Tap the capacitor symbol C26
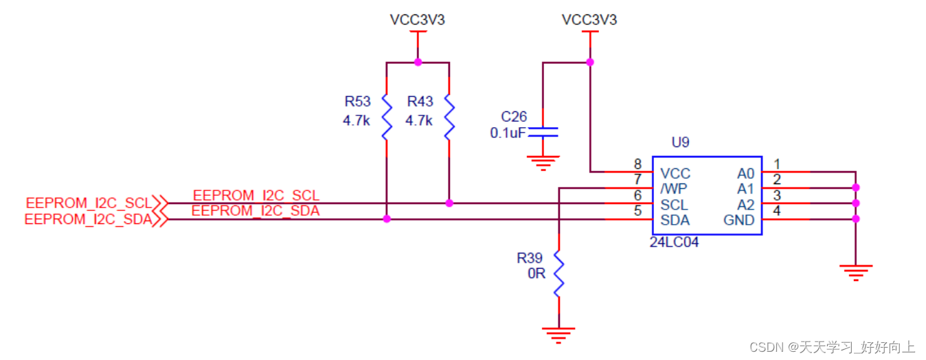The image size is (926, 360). [543, 131]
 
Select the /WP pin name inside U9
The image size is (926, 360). [673, 189]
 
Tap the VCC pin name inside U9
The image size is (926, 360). [675, 173]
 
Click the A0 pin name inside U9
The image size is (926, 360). [745, 173]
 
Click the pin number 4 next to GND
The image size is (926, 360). [776, 211]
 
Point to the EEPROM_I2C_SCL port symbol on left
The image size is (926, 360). [160, 203]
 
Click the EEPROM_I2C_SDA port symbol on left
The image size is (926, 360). [160, 219]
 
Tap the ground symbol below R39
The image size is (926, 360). [558, 336]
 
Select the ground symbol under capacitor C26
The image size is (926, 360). [543, 163]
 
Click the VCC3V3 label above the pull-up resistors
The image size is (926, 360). [417, 20]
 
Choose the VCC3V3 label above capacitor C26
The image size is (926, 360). [589, 20]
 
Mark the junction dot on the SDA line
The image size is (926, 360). [387, 219]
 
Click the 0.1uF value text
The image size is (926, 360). [508, 133]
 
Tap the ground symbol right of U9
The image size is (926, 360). [855, 272]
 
